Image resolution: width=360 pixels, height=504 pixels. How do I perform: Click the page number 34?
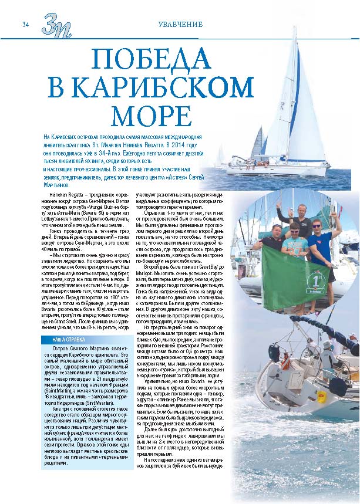click(x=26, y=24)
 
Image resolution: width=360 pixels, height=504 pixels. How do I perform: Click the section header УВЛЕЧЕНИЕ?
click(x=183, y=24)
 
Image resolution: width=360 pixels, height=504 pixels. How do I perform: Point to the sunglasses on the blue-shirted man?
click(x=317, y=225)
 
